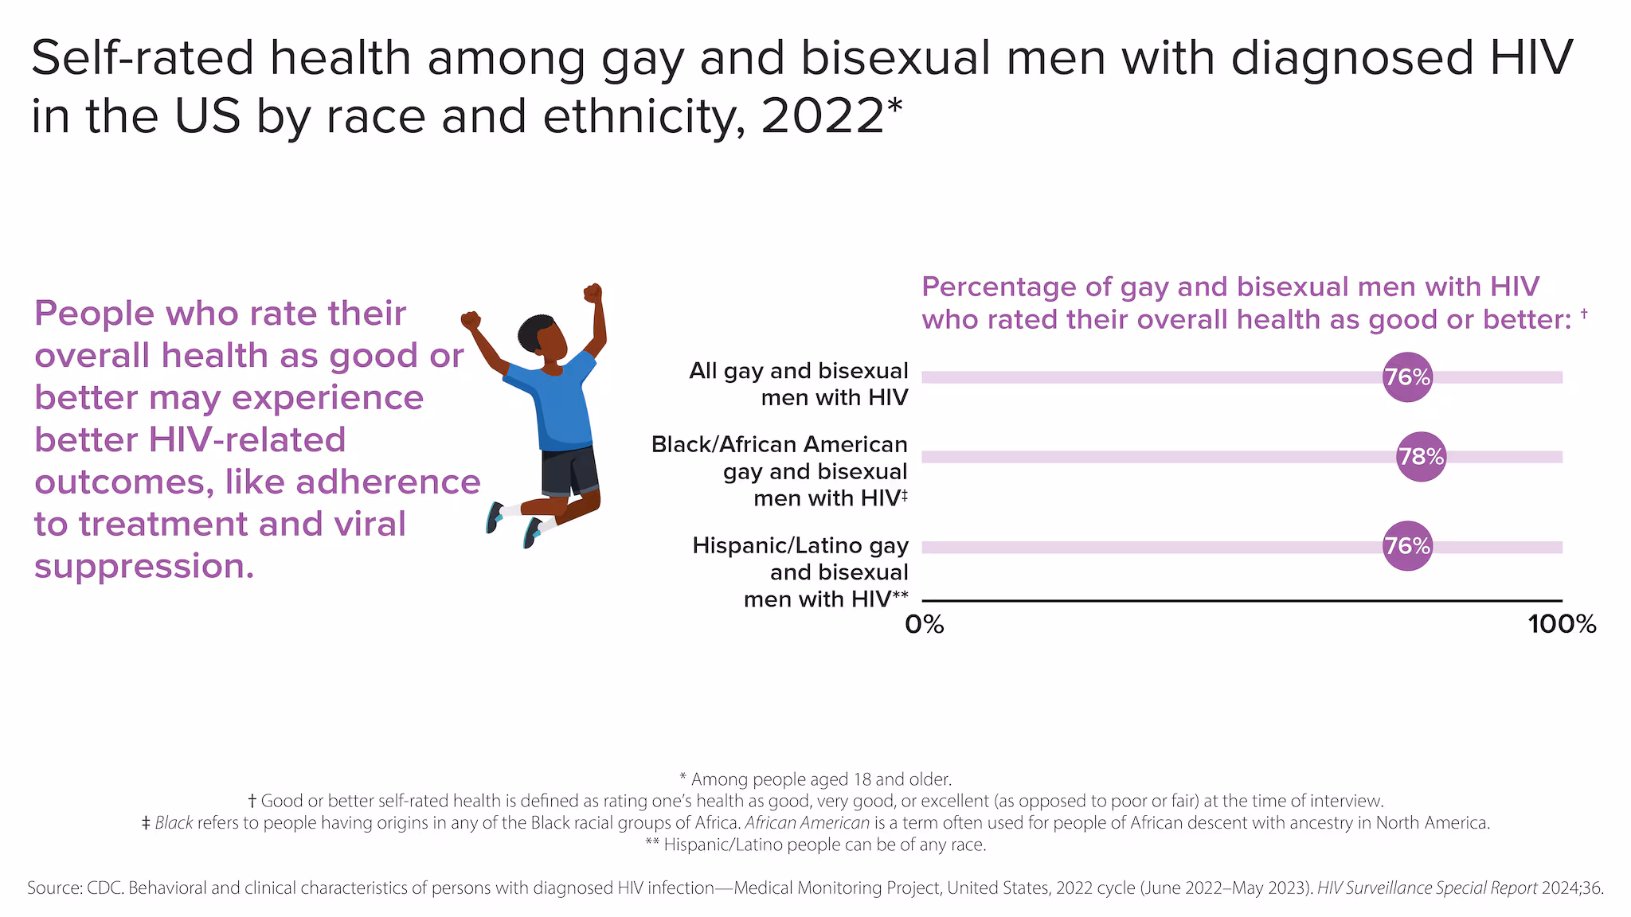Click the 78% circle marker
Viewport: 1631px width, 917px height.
pos(1421,457)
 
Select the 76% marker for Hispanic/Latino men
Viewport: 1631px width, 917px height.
pos(1407,546)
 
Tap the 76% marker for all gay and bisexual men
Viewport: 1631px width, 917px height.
pos(1407,377)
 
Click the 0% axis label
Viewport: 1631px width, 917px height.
pos(925,625)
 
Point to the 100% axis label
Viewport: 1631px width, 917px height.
pos(1562,625)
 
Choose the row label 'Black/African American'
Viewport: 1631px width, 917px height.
pos(779,444)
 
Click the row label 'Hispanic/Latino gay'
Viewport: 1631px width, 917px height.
pos(800,545)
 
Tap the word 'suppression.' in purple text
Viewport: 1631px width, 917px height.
pos(144,566)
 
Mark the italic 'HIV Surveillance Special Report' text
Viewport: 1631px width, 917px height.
pos(1426,888)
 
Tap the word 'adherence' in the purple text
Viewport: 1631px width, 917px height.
pos(388,482)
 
